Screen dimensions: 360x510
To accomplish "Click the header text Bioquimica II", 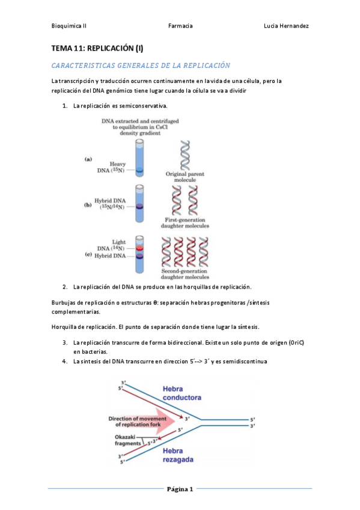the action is (x=69, y=26).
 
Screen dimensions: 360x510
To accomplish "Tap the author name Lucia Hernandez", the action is (x=286, y=26).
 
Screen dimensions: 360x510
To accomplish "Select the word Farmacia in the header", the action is (x=180, y=26).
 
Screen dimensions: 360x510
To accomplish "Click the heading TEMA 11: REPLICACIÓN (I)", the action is (x=97, y=49).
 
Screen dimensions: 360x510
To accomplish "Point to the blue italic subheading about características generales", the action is (x=141, y=66).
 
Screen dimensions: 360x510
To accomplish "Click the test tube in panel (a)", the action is (x=139, y=158).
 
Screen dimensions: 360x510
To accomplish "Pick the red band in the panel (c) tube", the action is (x=139, y=248).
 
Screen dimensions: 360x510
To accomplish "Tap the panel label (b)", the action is (x=88, y=205).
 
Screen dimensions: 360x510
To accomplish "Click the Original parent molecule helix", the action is (x=185, y=155).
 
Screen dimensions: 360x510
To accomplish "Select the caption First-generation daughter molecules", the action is (x=185, y=223).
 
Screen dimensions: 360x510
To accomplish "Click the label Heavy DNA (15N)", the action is (x=111, y=167).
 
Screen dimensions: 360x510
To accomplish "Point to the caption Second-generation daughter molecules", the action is (x=185, y=274).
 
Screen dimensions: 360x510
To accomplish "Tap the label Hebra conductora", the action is (x=182, y=393).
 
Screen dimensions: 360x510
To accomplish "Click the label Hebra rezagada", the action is (x=178, y=455).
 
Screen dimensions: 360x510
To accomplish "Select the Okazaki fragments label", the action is (x=127, y=440).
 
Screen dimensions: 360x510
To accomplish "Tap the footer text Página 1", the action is (x=180, y=489).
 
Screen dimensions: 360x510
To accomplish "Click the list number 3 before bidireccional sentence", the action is (x=65, y=342).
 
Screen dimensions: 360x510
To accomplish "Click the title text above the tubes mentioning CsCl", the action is (x=140, y=127).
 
